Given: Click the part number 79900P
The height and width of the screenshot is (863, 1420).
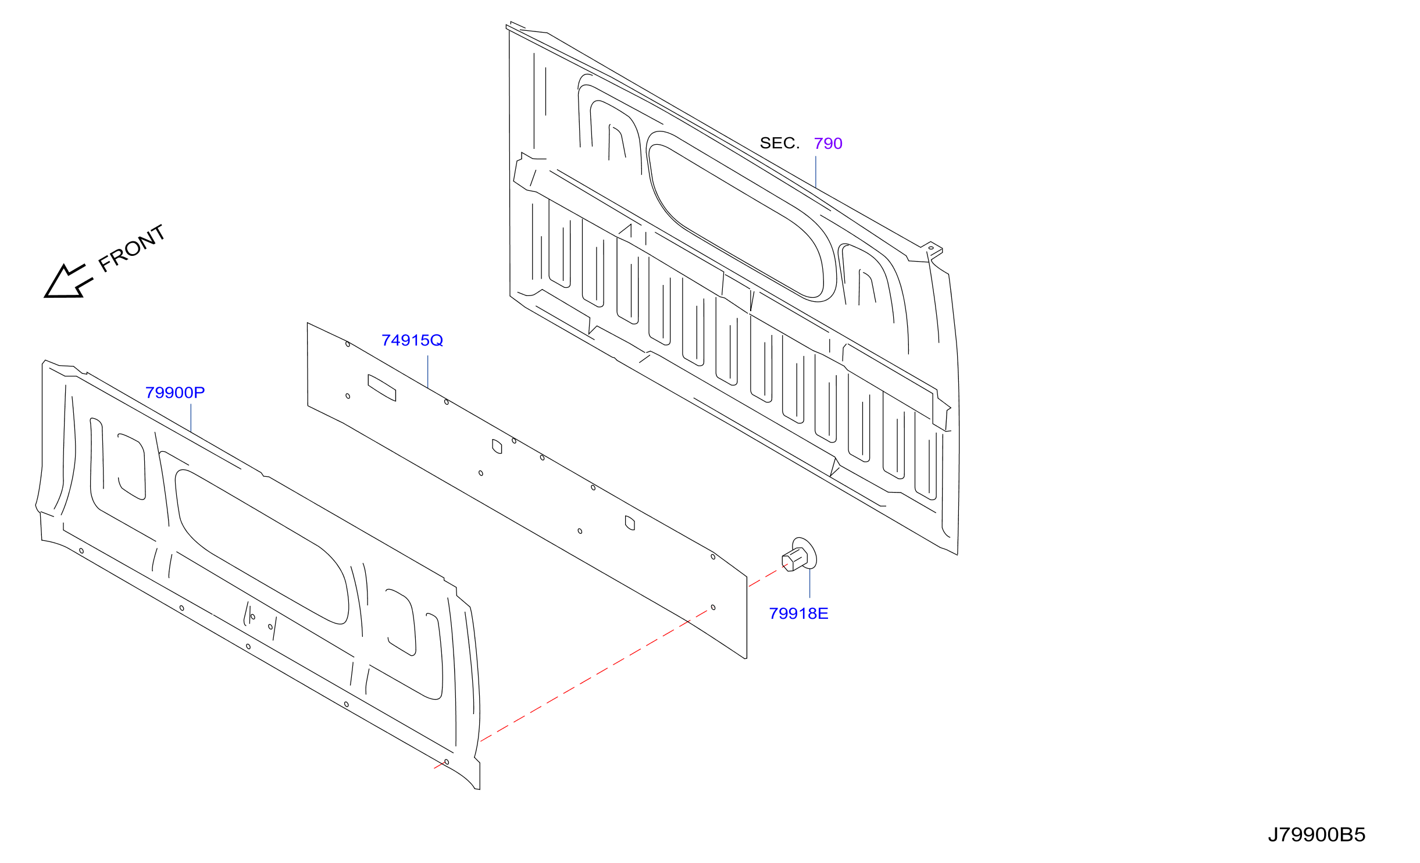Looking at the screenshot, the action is coord(175,393).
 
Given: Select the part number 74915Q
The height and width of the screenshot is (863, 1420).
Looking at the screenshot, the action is coord(412,340).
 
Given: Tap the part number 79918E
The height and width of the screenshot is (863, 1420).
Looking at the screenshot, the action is coord(798,614).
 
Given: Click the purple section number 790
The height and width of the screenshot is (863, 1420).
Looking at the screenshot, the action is coord(828,143).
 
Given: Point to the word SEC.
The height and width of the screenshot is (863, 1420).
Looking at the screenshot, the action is coord(780,143).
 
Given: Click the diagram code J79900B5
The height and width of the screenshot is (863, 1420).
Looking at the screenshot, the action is coord(1316,835).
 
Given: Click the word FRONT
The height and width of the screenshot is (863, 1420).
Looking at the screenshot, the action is coord(132,248).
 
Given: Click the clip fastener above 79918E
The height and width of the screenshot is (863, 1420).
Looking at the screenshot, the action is coord(800,555).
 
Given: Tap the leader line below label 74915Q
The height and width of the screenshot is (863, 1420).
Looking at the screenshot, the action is coord(428,372).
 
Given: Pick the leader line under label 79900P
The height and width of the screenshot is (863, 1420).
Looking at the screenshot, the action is coord(191,418).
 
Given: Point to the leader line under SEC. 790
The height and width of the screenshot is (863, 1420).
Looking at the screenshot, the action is coord(816,172).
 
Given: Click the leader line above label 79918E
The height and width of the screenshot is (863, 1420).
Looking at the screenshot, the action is coord(810,583).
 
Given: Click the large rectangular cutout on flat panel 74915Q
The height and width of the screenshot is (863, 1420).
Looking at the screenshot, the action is coord(382,388).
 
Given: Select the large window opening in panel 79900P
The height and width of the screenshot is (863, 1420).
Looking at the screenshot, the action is coord(262,547).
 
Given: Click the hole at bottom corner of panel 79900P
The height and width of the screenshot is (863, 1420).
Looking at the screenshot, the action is coord(447,762).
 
